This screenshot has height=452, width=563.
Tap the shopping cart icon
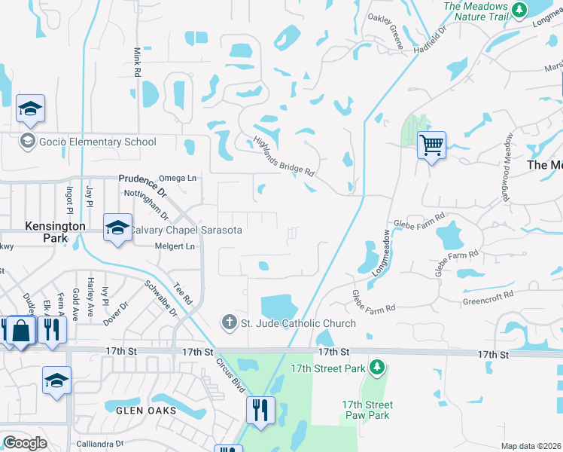tap(431, 145)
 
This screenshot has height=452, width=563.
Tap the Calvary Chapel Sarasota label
tap(187, 230)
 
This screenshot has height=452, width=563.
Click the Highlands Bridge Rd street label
tap(284, 157)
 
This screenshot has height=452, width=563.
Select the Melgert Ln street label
tap(174, 246)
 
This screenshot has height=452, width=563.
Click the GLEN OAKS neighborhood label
tap(146, 411)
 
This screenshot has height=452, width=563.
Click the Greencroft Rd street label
tap(487, 298)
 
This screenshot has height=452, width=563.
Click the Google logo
tap(25, 443)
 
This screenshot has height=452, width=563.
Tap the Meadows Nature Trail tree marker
tap(519, 10)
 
